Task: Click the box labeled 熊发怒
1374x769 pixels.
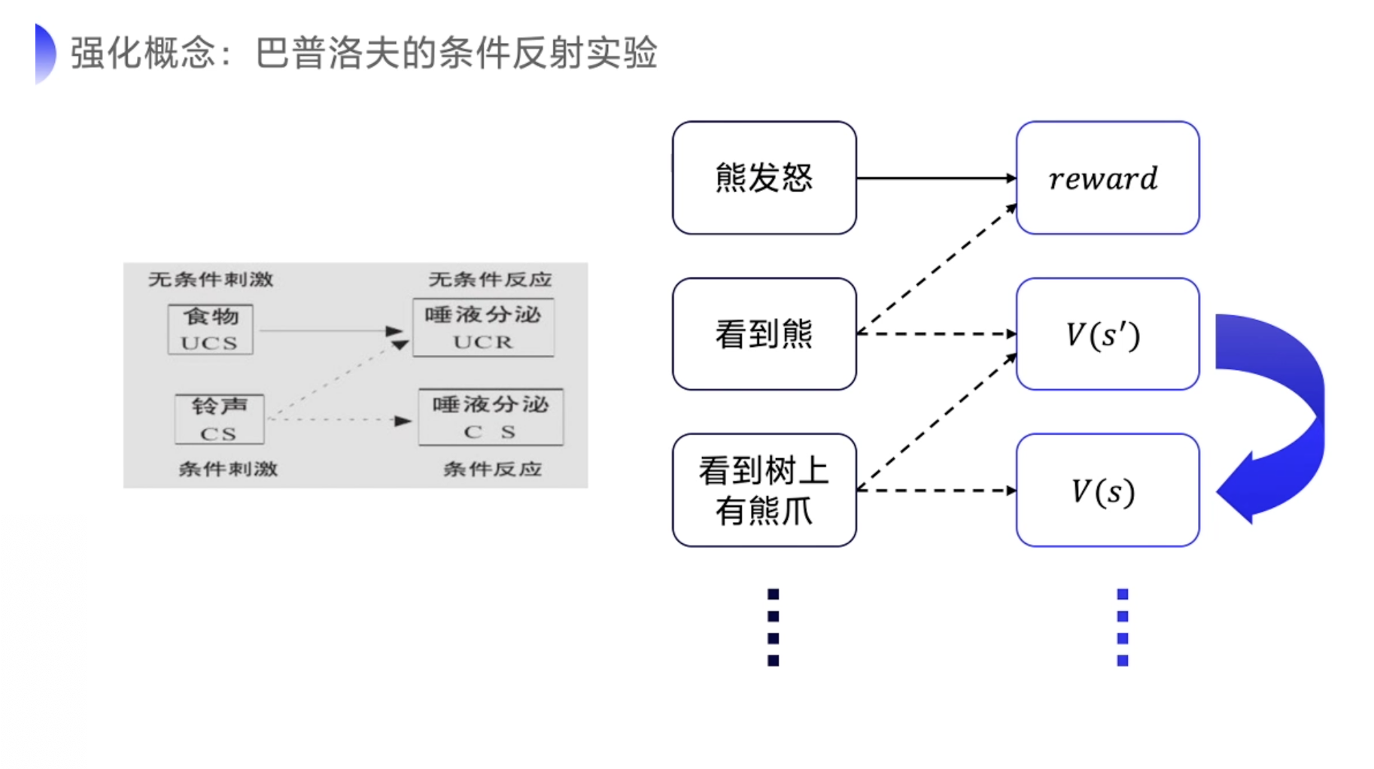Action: tap(764, 178)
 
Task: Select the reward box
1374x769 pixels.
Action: tap(1107, 178)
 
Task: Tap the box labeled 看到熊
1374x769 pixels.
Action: tap(764, 334)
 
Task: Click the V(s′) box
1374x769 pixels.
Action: tap(1107, 334)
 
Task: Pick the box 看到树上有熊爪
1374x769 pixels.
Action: tap(764, 490)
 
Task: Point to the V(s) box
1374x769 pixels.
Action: tap(1107, 490)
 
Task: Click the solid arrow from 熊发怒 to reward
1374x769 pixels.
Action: tap(935, 178)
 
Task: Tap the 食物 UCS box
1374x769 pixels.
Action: tap(211, 329)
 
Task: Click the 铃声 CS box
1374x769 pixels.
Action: tap(219, 419)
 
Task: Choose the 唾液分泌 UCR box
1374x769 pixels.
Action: tap(483, 327)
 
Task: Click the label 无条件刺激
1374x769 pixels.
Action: tap(211, 280)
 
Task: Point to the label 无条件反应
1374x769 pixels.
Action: tap(490, 280)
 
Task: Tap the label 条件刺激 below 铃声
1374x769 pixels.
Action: tap(228, 470)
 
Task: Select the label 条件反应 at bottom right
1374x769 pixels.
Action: tap(492, 470)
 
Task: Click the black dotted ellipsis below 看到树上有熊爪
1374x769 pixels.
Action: tap(773, 628)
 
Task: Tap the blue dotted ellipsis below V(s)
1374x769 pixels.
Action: tap(1122, 628)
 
